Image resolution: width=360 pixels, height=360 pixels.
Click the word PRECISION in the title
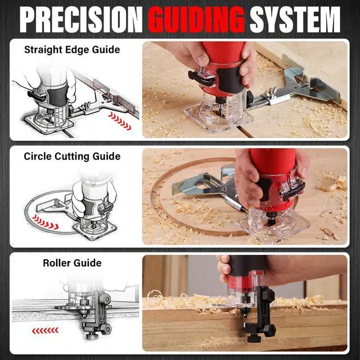click(x=81, y=20)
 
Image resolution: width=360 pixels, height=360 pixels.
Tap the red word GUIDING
click(x=196, y=20)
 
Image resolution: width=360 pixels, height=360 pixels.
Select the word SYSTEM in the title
click(x=295, y=20)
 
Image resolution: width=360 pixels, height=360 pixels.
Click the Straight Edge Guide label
click(x=72, y=50)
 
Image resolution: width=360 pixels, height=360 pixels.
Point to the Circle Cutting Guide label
click(x=72, y=156)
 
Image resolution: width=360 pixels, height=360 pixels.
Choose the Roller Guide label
click(x=72, y=263)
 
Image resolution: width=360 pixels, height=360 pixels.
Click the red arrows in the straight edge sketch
click(x=120, y=121)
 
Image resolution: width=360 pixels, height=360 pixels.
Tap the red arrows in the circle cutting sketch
click(x=45, y=222)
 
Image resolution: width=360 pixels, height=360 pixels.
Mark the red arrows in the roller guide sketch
click(x=45, y=331)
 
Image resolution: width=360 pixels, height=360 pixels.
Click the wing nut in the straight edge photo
click(x=271, y=92)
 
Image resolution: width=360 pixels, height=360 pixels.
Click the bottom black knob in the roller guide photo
click(x=255, y=337)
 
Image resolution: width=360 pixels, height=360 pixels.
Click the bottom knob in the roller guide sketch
click(x=92, y=336)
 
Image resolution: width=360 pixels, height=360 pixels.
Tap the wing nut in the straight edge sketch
click(x=86, y=106)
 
